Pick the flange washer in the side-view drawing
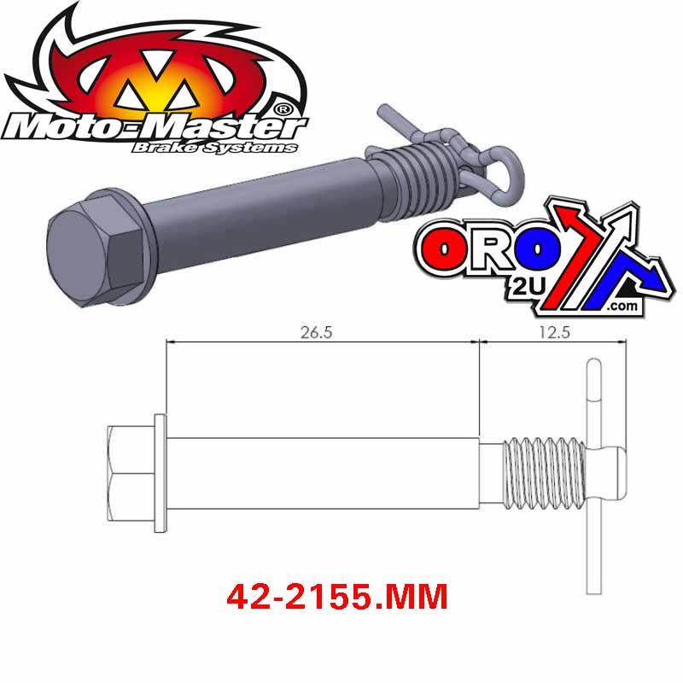click(160, 474)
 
